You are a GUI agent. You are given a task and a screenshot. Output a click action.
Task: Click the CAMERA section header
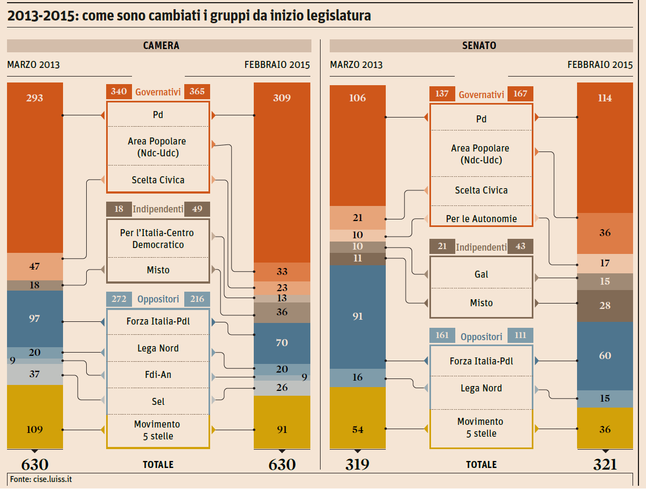(x=161, y=46)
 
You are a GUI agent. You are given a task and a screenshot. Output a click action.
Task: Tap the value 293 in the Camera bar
(x=34, y=98)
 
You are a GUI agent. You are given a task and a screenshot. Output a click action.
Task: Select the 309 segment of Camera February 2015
(x=282, y=98)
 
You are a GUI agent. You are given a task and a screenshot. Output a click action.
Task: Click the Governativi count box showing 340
(x=119, y=92)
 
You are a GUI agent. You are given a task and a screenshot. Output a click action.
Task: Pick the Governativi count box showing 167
(x=520, y=94)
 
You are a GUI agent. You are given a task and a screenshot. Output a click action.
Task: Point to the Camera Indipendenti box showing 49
(x=197, y=209)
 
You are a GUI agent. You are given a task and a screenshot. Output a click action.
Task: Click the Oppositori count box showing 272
(x=119, y=299)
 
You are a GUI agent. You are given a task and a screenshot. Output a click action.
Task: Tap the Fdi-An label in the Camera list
(x=158, y=374)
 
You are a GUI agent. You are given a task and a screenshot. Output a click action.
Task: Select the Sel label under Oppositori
(x=158, y=401)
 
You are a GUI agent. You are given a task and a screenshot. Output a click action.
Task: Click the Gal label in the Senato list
(x=481, y=274)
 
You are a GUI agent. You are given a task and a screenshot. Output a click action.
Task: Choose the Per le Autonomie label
(x=481, y=219)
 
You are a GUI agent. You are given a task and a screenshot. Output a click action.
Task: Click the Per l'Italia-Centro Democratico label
(x=157, y=239)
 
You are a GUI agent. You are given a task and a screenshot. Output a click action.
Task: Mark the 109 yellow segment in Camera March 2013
(x=34, y=430)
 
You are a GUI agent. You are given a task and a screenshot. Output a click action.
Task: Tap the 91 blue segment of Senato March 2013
(x=358, y=316)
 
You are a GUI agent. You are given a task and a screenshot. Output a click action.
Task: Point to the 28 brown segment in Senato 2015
(x=605, y=306)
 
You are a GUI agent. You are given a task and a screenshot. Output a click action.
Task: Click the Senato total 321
(x=605, y=465)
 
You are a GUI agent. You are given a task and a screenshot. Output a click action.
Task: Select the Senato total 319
(x=357, y=465)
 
